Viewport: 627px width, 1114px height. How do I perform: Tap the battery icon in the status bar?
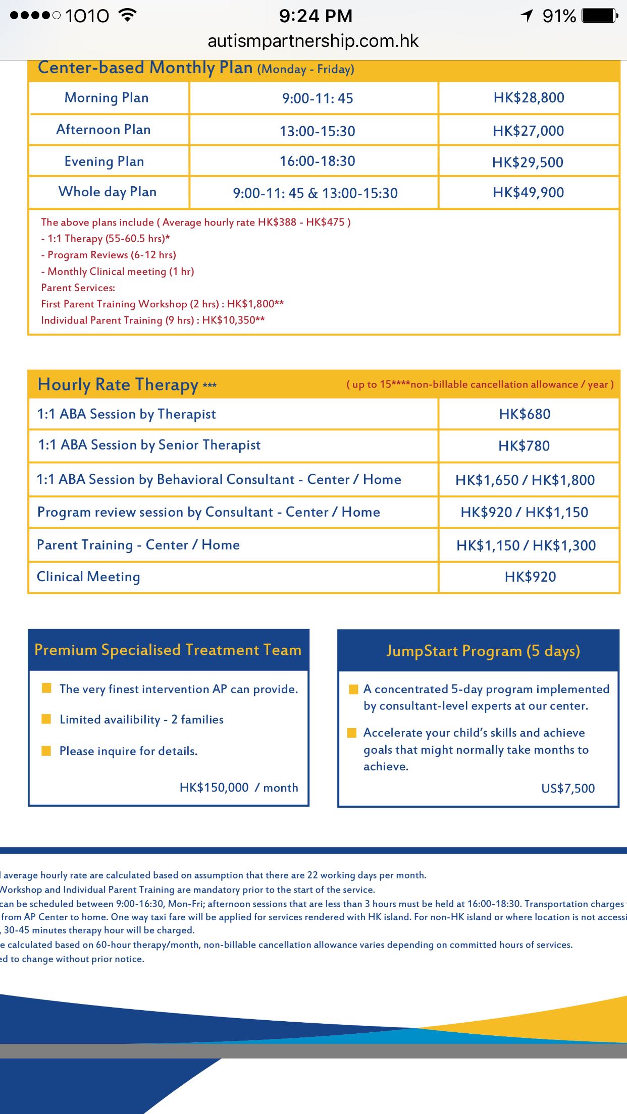[599, 16]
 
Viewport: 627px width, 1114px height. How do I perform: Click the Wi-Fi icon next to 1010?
[128, 15]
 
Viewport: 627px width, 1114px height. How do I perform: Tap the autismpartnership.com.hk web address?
[313, 41]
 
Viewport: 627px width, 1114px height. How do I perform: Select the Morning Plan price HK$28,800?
[529, 98]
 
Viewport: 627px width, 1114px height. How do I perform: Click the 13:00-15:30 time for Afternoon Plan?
[318, 131]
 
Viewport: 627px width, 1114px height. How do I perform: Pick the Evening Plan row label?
[104, 161]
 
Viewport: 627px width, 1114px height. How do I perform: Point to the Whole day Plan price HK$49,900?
[528, 192]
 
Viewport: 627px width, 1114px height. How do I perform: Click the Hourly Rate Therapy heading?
[118, 384]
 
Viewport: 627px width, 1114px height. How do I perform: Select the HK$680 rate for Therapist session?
[525, 414]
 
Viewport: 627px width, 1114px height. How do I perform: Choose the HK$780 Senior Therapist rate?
[524, 446]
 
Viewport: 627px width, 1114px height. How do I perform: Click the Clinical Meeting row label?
[88, 577]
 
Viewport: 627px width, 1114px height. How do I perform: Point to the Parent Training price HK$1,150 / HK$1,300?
[526, 545]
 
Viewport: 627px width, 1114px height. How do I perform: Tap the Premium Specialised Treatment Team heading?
[168, 650]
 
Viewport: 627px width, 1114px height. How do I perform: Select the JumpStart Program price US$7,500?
[568, 788]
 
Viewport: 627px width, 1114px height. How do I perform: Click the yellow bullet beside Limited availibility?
[46, 719]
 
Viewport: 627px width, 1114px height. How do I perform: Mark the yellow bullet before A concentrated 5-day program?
[353, 689]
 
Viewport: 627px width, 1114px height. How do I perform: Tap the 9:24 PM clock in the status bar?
[316, 16]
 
